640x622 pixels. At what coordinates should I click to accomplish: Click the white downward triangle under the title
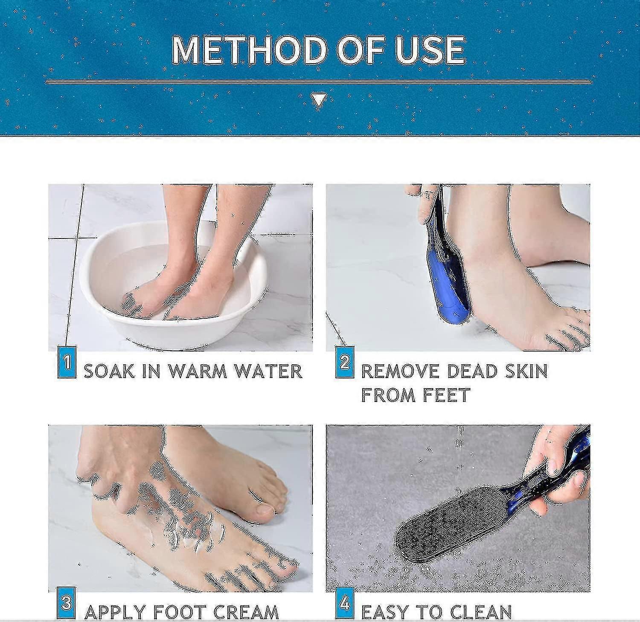319,100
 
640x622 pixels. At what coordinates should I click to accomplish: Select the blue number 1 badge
67,363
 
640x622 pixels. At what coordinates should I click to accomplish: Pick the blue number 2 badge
344,363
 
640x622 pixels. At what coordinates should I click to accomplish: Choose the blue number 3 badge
66,603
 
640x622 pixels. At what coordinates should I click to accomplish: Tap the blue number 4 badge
345,603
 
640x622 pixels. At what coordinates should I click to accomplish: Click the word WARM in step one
198,371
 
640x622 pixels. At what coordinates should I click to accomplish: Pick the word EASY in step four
385,612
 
